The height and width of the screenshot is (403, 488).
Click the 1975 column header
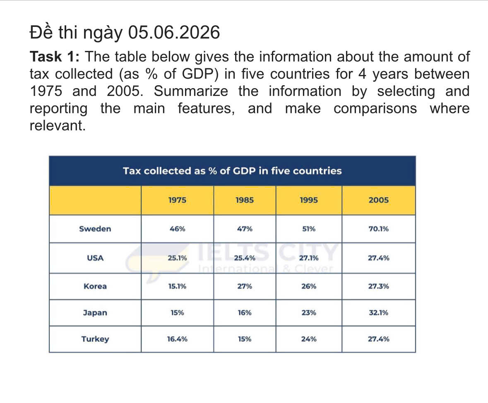click(x=177, y=200)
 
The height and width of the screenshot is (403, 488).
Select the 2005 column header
click(x=378, y=200)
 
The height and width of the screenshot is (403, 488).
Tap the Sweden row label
click(x=95, y=229)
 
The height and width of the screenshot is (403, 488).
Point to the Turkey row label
click(x=95, y=339)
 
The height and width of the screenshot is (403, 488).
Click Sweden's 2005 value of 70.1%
click(x=378, y=229)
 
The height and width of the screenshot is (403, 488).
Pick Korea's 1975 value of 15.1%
click(x=177, y=286)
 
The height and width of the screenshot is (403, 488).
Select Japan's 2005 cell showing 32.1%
click(x=378, y=312)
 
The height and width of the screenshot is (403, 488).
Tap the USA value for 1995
click(x=309, y=258)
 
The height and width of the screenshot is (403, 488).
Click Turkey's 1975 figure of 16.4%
click(x=177, y=339)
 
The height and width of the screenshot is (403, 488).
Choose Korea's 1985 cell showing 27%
click(x=245, y=286)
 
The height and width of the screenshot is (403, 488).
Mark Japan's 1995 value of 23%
click(x=309, y=312)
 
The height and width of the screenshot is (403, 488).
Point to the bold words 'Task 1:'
click(x=55, y=57)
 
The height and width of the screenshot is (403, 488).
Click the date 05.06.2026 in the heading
click(x=174, y=32)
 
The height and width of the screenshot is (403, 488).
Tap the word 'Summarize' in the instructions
click(x=190, y=91)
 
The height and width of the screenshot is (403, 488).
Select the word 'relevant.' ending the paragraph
click(x=58, y=125)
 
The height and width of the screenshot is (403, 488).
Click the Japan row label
click(x=95, y=313)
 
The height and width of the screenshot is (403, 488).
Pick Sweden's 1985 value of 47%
click(x=245, y=229)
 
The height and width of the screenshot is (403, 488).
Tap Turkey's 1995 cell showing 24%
click(x=309, y=339)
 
